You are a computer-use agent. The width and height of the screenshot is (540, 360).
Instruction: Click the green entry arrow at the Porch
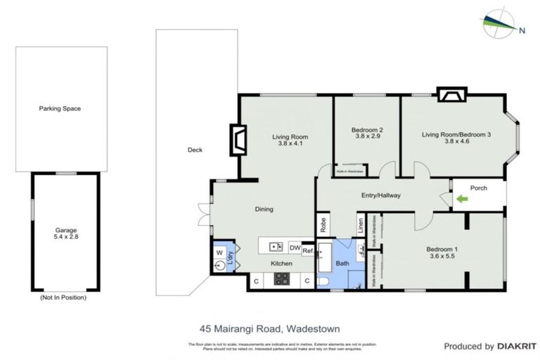click(x=461, y=199)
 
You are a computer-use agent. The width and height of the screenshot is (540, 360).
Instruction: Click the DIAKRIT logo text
click(x=515, y=347)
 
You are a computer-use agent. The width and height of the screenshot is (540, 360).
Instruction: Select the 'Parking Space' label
click(x=60, y=109)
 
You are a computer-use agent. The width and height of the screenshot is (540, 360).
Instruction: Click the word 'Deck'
click(x=195, y=150)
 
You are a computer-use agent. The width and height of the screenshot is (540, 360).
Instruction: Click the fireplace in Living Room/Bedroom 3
click(x=450, y=95)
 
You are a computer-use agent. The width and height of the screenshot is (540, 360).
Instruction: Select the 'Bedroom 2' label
click(x=367, y=129)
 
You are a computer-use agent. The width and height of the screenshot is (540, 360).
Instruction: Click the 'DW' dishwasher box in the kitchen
click(x=295, y=247)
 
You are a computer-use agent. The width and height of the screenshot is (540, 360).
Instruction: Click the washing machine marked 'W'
click(x=220, y=252)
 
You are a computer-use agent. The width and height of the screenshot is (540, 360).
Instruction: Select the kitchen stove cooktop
click(x=282, y=279)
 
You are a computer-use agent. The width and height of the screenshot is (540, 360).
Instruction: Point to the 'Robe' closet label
click(x=323, y=224)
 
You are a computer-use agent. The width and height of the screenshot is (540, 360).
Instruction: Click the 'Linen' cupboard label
click(x=361, y=225)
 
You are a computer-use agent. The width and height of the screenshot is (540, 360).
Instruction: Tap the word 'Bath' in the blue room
click(x=342, y=264)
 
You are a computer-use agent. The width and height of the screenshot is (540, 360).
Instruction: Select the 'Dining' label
click(x=264, y=209)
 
